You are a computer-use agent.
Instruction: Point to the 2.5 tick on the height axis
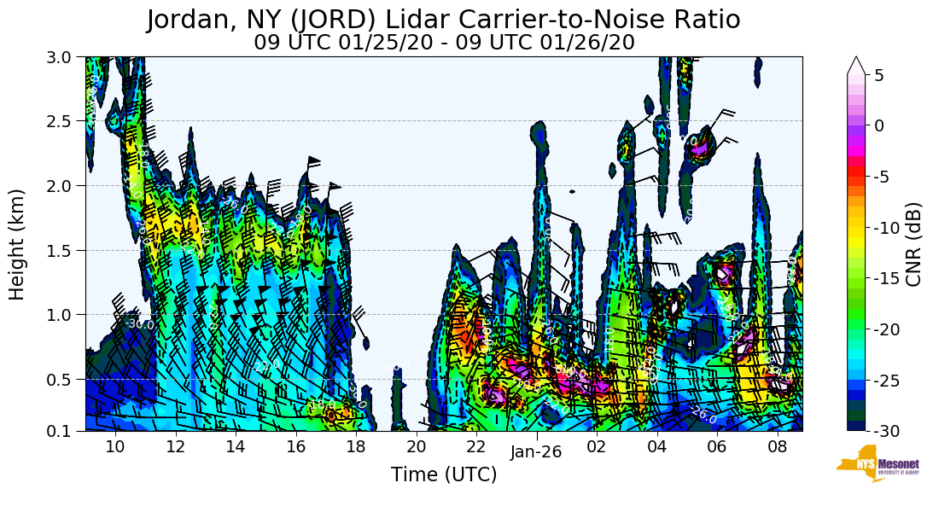pyautogui.click(x=64, y=121)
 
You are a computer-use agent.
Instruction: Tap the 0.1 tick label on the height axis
pyautogui.click(x=64, y=431)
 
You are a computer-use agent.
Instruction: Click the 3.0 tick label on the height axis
pyautogui.click(x=64, y=57)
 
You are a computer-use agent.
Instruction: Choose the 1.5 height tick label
pyautogui.click(x=64, y=250)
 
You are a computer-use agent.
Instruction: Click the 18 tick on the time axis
pyautogui.click(x=356, y=447)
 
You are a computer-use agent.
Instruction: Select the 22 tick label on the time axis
pyautogui.click(x=476, y=447)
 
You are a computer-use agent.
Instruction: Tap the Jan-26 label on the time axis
pyautogui.click(x=536, y=452)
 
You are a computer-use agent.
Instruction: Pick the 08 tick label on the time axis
pyautogui.click(x=777, y=447)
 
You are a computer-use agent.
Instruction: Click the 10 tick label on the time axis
pyautogui.click(x=115, y=447)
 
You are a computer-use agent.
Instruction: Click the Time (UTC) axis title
pyautogui.click(x=444, y=475)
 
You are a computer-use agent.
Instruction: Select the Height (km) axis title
pyautogui.click(x=18, y=244)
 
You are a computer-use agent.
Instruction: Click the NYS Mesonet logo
pyautogui.click(x=871, y=463)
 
